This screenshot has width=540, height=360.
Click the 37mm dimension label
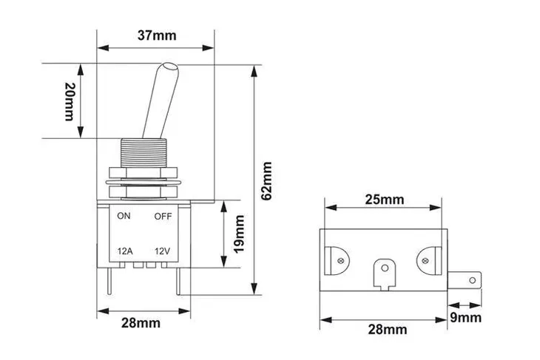coord(156,35)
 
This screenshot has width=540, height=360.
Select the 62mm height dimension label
coord(267,180)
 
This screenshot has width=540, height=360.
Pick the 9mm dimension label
coord(467,318)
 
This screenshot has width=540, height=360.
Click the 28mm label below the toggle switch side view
coord(140,323)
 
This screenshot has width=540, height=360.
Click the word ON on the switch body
coord(124,217)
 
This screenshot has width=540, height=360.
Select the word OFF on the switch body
coord(163,217)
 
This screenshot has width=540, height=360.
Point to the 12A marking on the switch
coord(125,251)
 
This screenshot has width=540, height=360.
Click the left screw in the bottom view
coord(341,259)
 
